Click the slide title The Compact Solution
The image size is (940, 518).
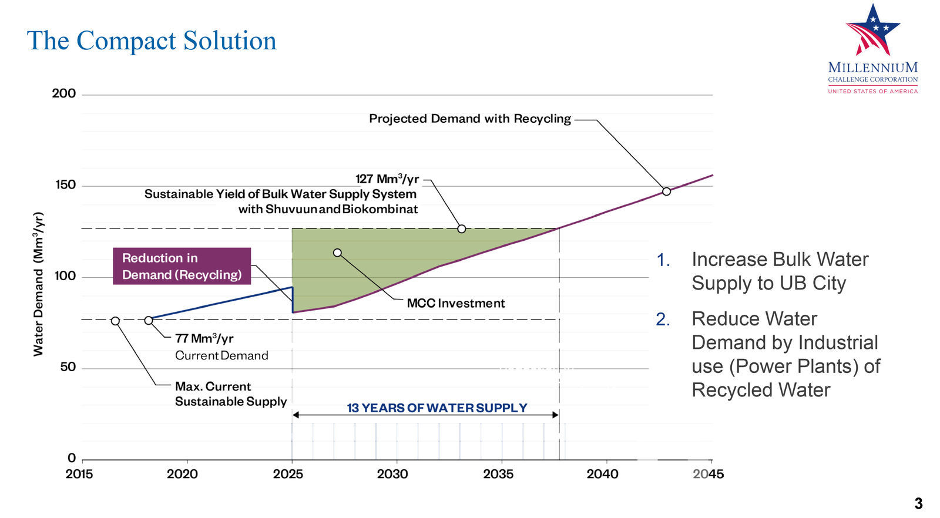click(152, 41)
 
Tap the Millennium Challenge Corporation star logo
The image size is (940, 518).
click(872, 31)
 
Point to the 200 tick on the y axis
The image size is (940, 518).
click(64, 93)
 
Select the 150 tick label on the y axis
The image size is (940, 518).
click(65, 185)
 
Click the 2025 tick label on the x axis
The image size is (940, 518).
click(288, 474)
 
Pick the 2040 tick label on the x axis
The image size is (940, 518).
click(602, 474)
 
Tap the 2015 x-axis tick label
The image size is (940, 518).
click(79, 474)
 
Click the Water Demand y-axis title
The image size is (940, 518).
click(39, 284)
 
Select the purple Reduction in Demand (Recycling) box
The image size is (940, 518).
click(182, 266)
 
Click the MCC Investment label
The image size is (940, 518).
click(456, 304)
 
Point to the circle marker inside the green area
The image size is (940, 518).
click(337, 253)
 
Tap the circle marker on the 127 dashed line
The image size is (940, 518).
click(462, 228)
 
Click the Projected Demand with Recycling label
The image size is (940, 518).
click(470, 119)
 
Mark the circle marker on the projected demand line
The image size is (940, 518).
click(666, 191)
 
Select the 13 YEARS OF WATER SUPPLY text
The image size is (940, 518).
click(437, 408)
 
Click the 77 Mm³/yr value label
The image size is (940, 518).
click(204, 338)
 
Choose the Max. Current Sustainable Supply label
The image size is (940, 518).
click(230, 394)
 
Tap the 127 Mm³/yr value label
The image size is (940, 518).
click(387, 179)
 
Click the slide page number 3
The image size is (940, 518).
click(918, 503)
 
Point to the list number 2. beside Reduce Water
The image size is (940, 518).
click(663, 319)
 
